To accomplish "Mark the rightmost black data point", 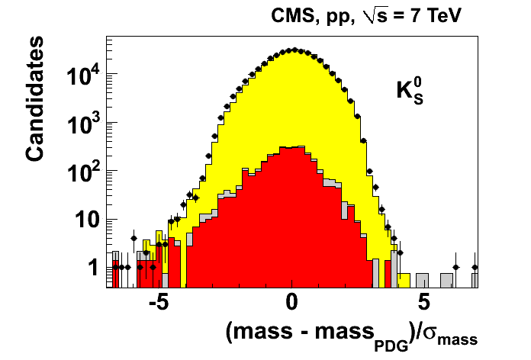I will [x=475, y=267].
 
